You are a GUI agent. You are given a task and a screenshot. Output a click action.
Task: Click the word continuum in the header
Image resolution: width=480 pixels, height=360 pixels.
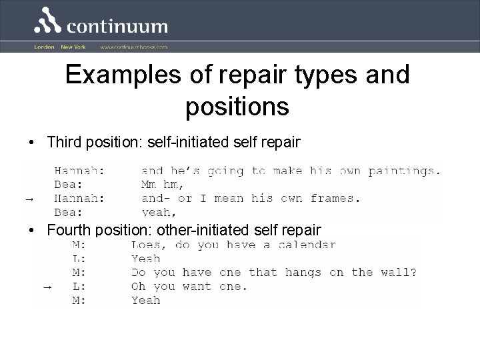(x=117, y=27)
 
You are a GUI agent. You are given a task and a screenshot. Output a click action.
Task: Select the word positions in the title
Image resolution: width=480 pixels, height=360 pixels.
(x=237, y=107)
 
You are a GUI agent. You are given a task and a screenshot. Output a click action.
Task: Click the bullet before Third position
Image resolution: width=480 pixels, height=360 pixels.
(x=31, y=142)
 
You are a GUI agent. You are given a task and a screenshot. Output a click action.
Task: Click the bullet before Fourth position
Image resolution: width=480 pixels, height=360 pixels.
(x=31, y=231)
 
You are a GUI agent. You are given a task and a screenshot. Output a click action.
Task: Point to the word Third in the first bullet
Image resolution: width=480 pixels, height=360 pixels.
(x=64, y=141)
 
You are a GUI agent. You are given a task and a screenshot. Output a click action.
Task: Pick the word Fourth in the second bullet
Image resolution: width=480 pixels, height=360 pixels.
(x=69, y=231)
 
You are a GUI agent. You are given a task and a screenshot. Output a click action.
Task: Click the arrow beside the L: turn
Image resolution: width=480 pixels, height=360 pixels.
(x=47, y=287)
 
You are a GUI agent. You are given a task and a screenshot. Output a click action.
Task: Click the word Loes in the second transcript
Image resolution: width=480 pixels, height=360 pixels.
(x=146, y=245)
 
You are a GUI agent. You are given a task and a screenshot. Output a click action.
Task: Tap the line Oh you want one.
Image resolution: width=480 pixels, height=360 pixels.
(x=189, y=287)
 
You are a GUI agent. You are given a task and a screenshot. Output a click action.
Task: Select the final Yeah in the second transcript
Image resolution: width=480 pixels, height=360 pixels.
(x=146, y=300)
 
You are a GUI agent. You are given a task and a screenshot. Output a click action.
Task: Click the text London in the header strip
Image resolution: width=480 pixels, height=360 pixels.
(x=44, y=47)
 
